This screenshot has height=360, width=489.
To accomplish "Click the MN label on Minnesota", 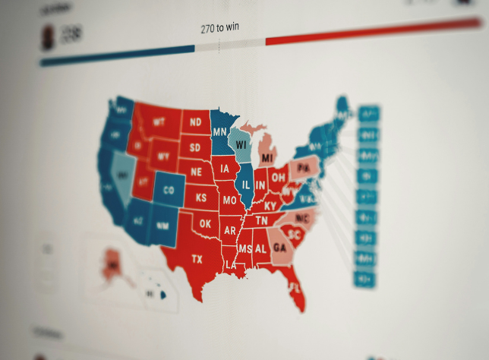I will [x=219, y=131].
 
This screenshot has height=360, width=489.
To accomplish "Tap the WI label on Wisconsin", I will [x=241, y=144].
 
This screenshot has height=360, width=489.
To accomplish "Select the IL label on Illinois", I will [x=247, y=184].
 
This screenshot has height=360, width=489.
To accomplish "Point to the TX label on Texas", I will [x=197, y=259].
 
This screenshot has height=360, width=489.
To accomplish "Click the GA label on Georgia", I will [x=279, y=248].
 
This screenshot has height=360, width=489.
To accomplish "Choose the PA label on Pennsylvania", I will [x=304, y=168].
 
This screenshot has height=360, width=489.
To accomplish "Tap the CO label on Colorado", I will [x=169, y=190].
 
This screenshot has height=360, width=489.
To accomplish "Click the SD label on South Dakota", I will [x=195, y=147].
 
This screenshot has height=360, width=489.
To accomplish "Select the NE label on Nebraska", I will [x=197, y=172].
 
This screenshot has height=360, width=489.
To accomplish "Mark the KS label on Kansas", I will [x=201, y=197].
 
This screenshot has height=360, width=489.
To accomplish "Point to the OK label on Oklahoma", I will [x=205, y=224].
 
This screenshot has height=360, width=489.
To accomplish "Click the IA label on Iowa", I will [x=225, y=169].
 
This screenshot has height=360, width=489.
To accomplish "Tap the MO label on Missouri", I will [x=229, y=201].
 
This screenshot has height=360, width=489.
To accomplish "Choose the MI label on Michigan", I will [x=267, y=158].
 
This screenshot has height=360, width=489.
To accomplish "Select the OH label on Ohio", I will [x=279, y=178].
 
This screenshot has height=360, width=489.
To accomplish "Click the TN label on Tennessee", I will [x=261, y=220].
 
